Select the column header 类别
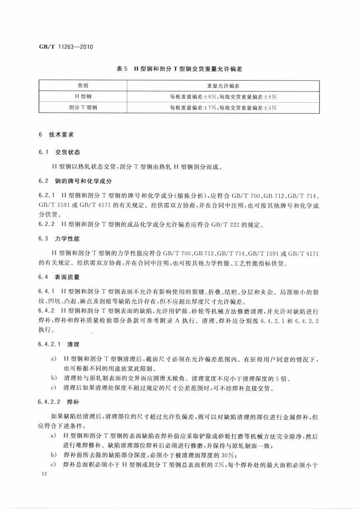coord(83,86)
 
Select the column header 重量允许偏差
coord(223,86)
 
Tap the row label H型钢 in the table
coord(83,96)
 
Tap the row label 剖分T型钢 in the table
coord(83,107)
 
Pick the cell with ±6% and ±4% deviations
coord(223,96)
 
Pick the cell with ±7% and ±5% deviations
coord(223,107)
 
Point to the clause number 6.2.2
coord(47,225)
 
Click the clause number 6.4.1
coord(47,290)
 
